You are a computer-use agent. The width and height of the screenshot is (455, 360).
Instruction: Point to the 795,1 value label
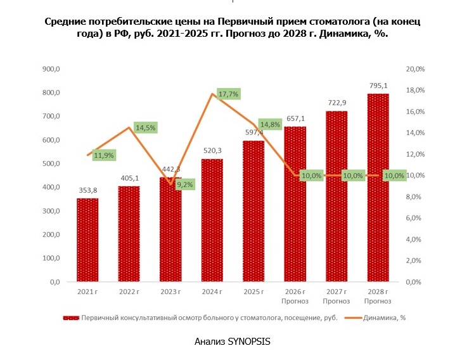378,85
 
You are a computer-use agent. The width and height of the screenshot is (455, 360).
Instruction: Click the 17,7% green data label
228,94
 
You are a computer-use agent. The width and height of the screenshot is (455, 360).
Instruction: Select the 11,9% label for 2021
104,155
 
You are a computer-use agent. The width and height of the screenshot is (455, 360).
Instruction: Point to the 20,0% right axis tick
415,69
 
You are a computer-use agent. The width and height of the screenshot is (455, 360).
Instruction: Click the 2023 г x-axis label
170,291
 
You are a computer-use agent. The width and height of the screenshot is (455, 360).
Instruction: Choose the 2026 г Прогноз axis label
295,295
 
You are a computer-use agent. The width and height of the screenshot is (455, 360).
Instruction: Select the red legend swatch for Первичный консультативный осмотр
70,318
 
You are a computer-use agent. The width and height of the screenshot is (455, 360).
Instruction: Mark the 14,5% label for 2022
145,127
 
